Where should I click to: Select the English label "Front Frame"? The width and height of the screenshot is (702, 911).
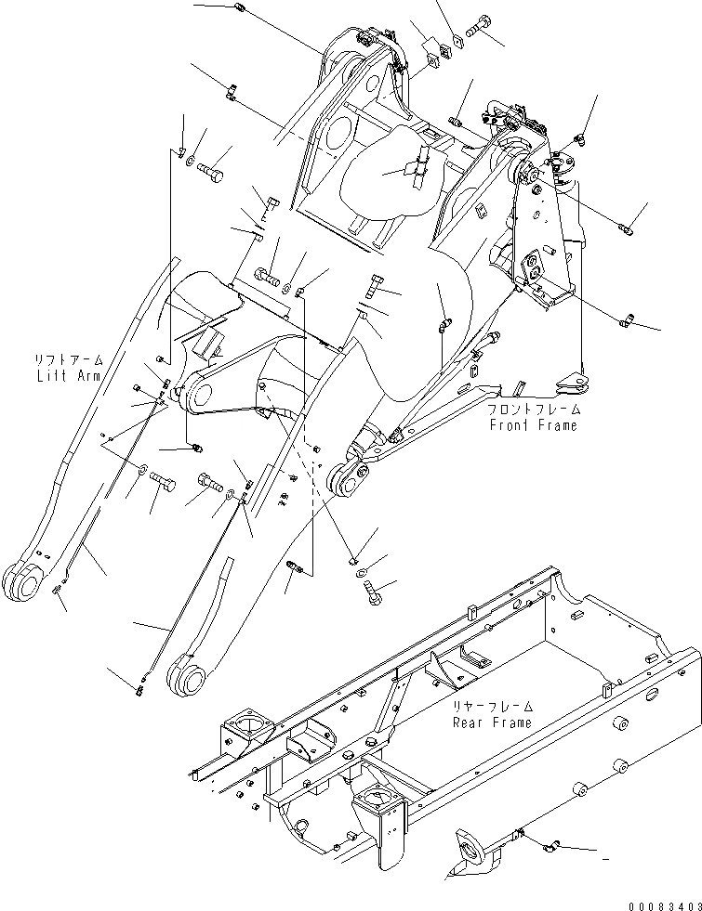tap(533, 424)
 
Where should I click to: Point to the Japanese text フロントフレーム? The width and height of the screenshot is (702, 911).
tap(533, 410)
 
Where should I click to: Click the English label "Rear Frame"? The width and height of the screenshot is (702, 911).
tap(492, 722)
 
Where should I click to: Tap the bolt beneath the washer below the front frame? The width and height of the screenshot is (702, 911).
tap(374, 592)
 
